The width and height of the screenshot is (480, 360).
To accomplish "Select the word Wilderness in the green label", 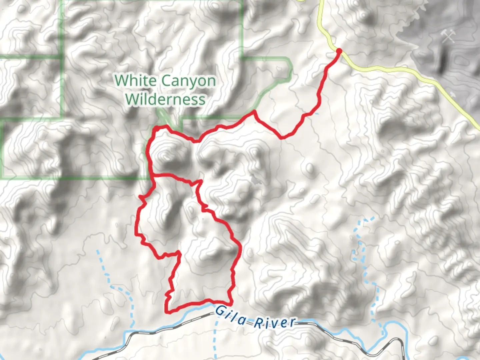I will pyautogui.click(x=166, y=99).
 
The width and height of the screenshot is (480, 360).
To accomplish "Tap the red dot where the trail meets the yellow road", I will pyautogui.click(x=339, y=51).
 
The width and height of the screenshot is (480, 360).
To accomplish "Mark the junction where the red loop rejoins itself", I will pyautogui.click(x=153, y=174).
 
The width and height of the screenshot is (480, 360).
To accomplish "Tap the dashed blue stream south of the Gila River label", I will pyautogui.click(x=215, y=340).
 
